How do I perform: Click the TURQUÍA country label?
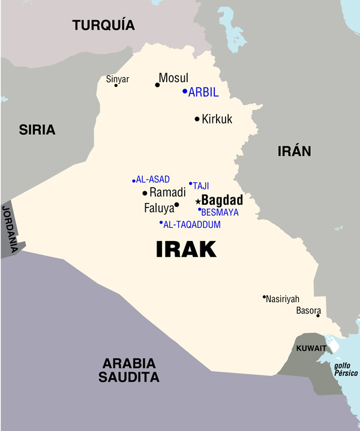coord(104,25)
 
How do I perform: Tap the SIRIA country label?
coord(37,129)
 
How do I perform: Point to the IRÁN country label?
coord(294,151)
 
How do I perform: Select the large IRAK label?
coord(186,249)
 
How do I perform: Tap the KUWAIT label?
coord(311,348)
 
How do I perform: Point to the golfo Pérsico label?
coord(345,369)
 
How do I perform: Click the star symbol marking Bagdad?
coord(198,201)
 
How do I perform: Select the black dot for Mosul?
coord(157,85)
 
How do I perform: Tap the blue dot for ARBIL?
coord(185,92)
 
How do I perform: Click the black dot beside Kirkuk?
coord(197,119)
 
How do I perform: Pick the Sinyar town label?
coord(118,79)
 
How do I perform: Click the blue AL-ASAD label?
coord(153,179)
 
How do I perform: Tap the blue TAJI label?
coord(201,186)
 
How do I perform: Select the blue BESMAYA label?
coord(220,212)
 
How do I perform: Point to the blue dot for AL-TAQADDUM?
coord(161,223)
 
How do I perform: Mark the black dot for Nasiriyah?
coord(264,296)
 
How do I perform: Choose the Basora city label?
coord(308,311)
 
